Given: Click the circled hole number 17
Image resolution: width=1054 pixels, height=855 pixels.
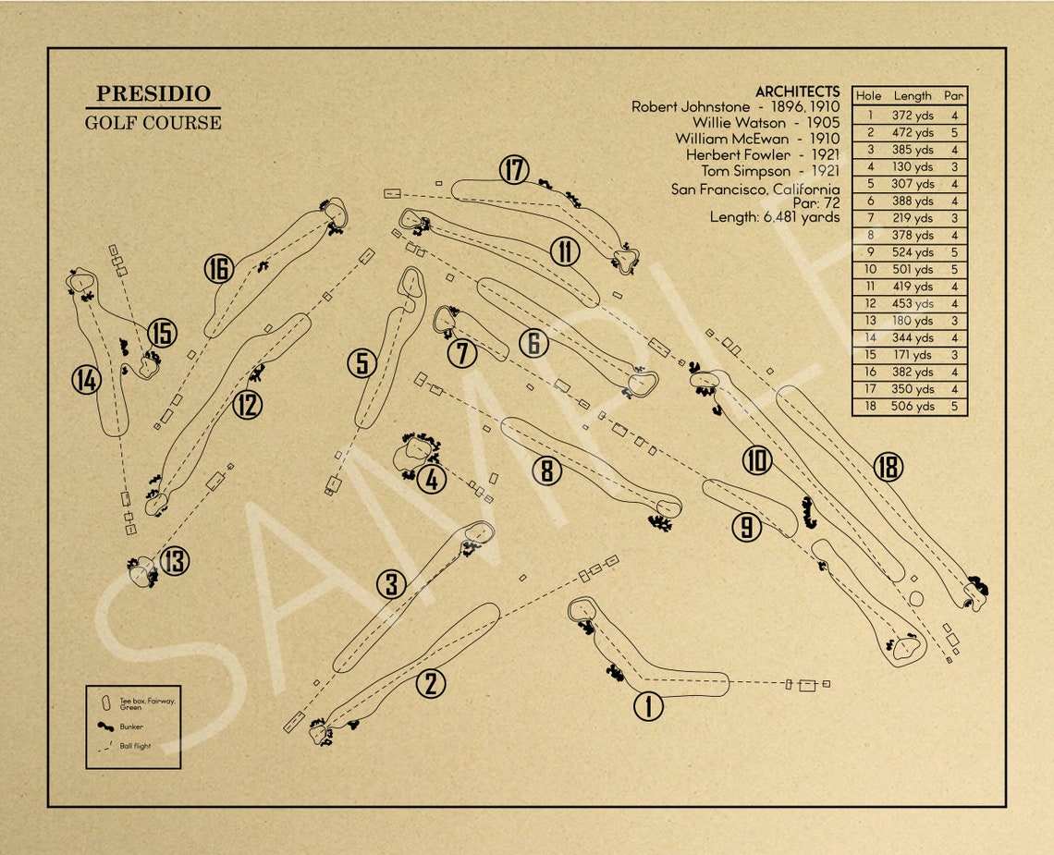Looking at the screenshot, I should (514, 170).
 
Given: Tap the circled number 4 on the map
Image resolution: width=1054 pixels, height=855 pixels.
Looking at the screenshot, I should (432, 480).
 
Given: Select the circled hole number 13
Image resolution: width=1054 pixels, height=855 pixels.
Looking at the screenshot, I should (174, 561).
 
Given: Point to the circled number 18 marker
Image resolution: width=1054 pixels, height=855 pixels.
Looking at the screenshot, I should (888, 468).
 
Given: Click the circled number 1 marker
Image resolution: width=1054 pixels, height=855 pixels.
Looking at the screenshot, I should (648, 707).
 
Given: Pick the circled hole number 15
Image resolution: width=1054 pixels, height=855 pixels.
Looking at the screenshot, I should (161, 333).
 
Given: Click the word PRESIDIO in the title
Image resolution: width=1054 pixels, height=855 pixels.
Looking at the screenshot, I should (153, 94).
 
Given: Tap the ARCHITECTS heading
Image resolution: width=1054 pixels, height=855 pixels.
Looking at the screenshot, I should (797, 92).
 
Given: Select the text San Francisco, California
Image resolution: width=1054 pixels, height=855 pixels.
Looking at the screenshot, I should (755, 189).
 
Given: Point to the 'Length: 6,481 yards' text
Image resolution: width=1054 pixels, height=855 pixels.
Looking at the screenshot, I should (775, 217).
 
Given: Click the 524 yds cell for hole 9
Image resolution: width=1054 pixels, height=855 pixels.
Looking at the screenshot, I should (913, 252).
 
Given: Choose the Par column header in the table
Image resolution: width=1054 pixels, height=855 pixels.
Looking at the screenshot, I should (953, 95).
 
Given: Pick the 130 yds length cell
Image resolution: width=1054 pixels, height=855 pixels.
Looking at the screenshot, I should (913, 167).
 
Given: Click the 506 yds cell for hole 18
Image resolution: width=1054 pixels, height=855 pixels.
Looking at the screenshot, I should (913, 406).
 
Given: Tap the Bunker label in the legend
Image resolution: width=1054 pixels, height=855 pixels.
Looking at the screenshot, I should (131, 727).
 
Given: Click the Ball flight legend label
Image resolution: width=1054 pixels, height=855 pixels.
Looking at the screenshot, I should (135, 746).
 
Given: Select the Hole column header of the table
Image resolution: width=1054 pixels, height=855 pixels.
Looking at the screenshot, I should (868, 95).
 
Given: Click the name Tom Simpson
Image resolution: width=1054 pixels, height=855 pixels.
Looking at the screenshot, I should (745, 171).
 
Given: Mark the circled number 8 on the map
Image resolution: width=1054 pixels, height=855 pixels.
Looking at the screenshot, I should (546, 471).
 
